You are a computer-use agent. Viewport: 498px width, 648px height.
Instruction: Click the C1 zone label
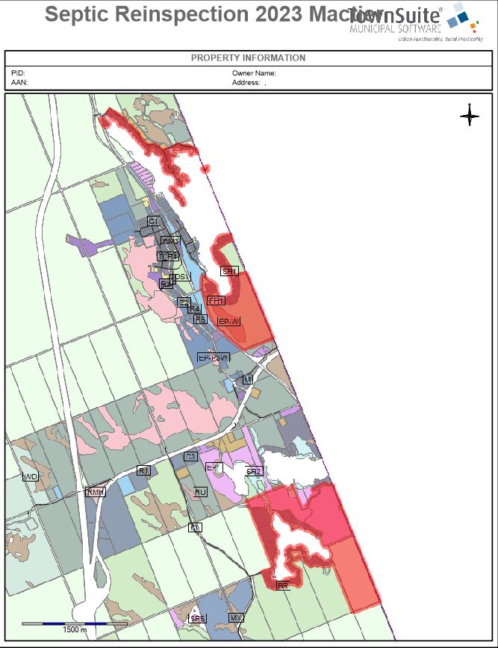pos(153,221)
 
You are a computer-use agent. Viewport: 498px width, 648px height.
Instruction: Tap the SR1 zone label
pos(229,272)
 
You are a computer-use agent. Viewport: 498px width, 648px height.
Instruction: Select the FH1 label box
pos(217,300)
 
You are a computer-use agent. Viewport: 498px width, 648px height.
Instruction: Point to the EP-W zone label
pos(229,321)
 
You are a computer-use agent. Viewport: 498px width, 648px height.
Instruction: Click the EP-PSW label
pos(214,358)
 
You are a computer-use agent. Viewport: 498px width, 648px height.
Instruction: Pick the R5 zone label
pos(200,319)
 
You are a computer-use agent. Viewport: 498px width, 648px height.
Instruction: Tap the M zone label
pos(248,380)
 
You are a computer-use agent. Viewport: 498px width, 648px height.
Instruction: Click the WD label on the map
pos(31,476)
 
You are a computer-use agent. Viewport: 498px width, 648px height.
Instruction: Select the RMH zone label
pos(96,492)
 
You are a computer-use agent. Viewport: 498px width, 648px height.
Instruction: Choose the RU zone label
pos(200,492)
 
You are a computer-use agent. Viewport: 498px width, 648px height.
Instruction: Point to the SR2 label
pos(254,472)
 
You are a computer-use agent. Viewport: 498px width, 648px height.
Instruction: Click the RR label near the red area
pos(283,586)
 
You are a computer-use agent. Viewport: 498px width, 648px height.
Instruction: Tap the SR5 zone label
pos(197,619)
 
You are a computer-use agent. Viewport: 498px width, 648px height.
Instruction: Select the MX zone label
pos(237,618)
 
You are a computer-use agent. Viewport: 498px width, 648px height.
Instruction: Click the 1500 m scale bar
pos(63,623)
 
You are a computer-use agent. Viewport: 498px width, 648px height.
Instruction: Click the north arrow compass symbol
pos(470,115)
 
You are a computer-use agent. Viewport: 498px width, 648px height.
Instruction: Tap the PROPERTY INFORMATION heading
pos(248,58)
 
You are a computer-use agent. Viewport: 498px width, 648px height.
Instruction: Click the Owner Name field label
pos(254,73)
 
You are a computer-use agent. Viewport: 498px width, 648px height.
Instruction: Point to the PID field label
pos(18,73)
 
